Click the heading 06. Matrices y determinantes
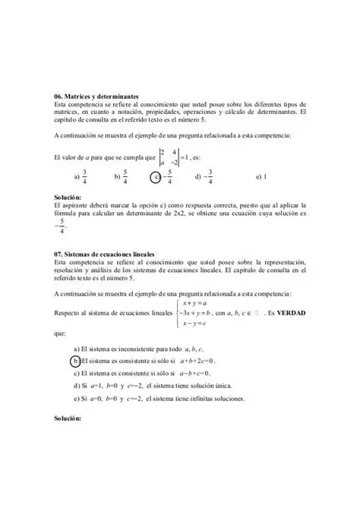click(x=96, y=97)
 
